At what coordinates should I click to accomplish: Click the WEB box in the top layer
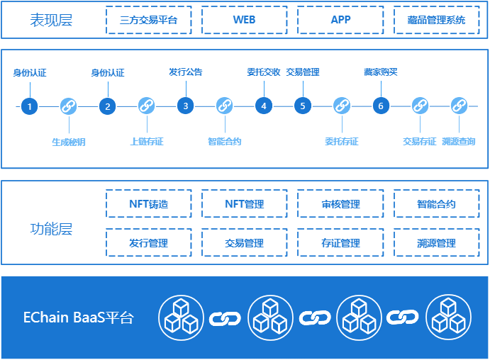coord(244,20)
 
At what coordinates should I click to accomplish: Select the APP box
coord(340,20)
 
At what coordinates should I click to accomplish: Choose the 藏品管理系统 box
coord(437,20)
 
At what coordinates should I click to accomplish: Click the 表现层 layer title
coord(51,20)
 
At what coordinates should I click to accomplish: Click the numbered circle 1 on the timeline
coord(30,106)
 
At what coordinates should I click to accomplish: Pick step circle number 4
coord(264,106)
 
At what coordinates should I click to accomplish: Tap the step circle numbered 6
coord(381,106)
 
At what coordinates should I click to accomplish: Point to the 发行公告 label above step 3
coord(185,72)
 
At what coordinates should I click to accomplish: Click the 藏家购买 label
coord(381,72)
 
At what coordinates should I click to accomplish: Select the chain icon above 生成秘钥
coord(69,106)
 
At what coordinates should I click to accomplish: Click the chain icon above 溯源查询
coord(458,106)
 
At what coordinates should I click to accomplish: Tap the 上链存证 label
coord(147,142)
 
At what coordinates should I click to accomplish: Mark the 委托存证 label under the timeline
coord(342,142)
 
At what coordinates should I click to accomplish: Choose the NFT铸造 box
coord(148,204)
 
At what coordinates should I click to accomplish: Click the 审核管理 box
coord(340,204)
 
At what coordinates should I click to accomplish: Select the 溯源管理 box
coord(437,243)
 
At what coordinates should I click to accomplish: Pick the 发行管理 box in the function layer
coord(148,243)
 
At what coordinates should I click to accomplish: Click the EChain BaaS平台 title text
coord(78,317)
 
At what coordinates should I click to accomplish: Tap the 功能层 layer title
coord(51,229)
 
